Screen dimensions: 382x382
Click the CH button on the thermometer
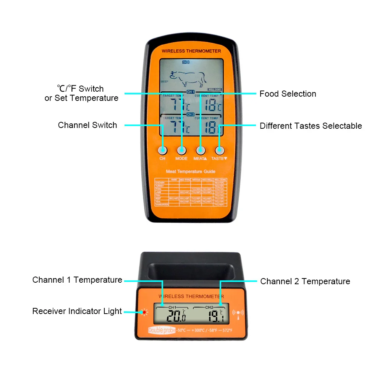163,150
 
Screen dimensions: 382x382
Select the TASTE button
219,150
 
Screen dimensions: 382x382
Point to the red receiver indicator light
144,312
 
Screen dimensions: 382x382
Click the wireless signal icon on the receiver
238,313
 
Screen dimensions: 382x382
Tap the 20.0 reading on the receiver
176,316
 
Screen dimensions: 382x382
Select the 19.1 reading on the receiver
216,316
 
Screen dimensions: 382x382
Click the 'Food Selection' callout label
288,94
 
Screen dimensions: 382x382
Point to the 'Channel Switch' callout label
87,125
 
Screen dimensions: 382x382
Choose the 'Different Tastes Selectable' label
311,126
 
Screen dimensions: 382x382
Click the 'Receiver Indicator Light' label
77,311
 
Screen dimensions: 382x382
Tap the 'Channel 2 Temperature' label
305,282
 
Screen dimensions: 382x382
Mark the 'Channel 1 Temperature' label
77,280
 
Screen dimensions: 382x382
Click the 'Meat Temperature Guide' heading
191,172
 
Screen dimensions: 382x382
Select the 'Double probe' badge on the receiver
162,330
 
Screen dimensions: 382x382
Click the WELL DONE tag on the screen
215,89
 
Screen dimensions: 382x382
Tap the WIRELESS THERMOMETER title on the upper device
191,51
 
